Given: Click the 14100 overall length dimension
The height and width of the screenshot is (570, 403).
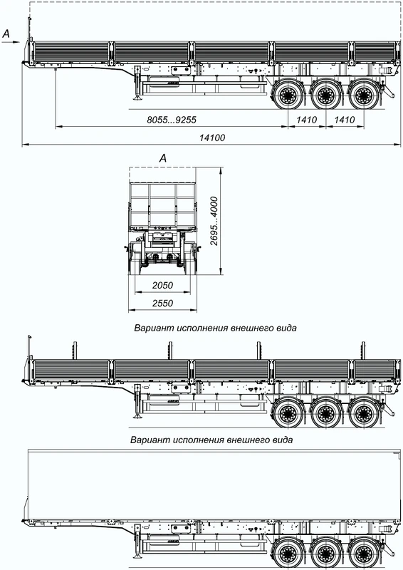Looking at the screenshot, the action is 212,138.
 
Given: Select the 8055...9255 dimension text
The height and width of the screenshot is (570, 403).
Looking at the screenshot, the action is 172,120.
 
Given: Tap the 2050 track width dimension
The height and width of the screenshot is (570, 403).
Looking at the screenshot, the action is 162,286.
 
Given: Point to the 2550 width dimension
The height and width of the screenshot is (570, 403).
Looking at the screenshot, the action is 162,304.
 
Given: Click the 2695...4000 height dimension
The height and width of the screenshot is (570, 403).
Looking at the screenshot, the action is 214,222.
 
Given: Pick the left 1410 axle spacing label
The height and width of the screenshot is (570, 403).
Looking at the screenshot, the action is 307,120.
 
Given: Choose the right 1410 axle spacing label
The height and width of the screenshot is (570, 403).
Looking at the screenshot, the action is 345,120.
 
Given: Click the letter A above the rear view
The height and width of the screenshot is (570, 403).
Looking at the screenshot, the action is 163,158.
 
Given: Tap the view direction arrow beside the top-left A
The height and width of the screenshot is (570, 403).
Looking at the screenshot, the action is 11,42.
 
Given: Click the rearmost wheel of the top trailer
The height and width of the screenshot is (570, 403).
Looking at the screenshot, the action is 363,95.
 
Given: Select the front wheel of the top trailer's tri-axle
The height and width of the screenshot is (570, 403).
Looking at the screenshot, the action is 288,95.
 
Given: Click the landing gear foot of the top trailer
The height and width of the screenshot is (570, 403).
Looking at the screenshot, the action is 137,98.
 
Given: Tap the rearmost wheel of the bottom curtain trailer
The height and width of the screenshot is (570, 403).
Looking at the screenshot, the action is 363,554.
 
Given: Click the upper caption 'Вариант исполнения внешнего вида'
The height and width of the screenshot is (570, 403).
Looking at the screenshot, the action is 216,328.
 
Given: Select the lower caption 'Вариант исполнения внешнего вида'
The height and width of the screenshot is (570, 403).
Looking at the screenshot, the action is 211,440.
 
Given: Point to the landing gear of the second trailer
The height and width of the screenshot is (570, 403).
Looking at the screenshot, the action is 137,401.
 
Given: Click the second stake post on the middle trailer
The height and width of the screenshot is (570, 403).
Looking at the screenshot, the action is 169,351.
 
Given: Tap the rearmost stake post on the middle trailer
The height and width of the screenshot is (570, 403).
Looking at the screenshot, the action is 362,351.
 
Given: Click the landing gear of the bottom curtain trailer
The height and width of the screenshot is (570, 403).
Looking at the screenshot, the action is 137,541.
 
